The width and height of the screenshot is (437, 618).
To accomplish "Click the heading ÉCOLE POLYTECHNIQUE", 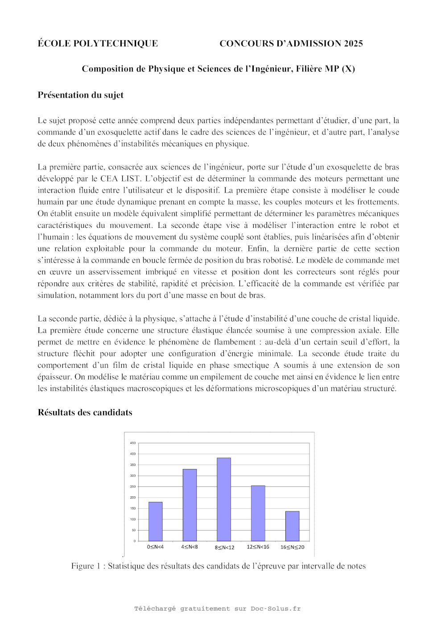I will click(x=98, y=43).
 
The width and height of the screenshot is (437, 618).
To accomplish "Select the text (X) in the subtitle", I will click(x=348, y=69).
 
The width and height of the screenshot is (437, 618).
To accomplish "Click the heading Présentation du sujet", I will click(x=80, y=95).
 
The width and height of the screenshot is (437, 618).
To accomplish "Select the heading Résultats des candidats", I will click(x=85, y=412).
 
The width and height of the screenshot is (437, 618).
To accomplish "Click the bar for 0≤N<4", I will click(x=155, y=522).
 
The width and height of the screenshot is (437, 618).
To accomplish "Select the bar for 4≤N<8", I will click(x=190, y=505).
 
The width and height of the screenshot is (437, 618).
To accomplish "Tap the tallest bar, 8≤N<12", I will click(x=224, y=499).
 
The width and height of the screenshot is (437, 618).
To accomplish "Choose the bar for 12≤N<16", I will click(x=258, y=513).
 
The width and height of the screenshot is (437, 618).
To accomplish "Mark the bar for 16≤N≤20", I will click(x=292, y=526).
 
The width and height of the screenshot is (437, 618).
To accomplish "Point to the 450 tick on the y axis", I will click(x=132, y=443).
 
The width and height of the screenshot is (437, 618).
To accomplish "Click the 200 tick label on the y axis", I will click(x=132, y=498).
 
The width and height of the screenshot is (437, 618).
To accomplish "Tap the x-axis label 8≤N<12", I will click(x=224, y=547).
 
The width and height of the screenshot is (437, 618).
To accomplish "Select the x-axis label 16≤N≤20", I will click(x=292, y=547).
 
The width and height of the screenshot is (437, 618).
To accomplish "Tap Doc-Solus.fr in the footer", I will click(x=276, y=609).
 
